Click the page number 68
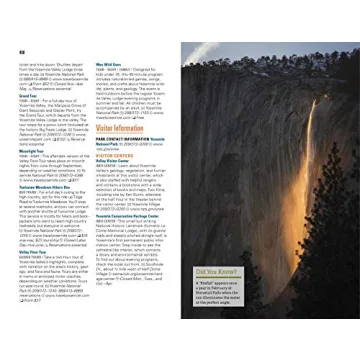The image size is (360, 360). (21, 50)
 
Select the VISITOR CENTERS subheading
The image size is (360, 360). (115, 155)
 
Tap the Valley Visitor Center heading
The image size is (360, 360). (116, 161)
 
